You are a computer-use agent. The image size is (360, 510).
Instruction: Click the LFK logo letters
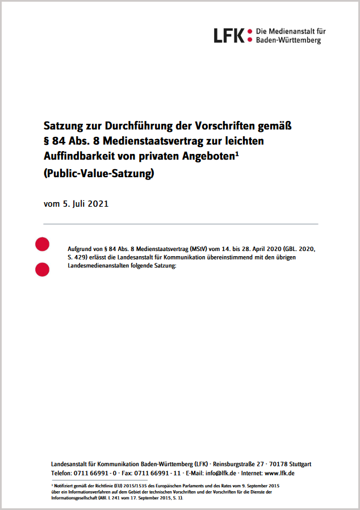click(x=229, y=35)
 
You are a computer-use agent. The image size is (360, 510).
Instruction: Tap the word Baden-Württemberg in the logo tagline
click(x=288, y=40)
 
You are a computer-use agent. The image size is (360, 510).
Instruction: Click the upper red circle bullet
click(x=42, y=244)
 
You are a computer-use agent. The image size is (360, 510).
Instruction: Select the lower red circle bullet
click(x=42, y=270)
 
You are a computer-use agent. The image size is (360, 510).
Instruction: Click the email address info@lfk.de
click(x=220, y=473)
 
